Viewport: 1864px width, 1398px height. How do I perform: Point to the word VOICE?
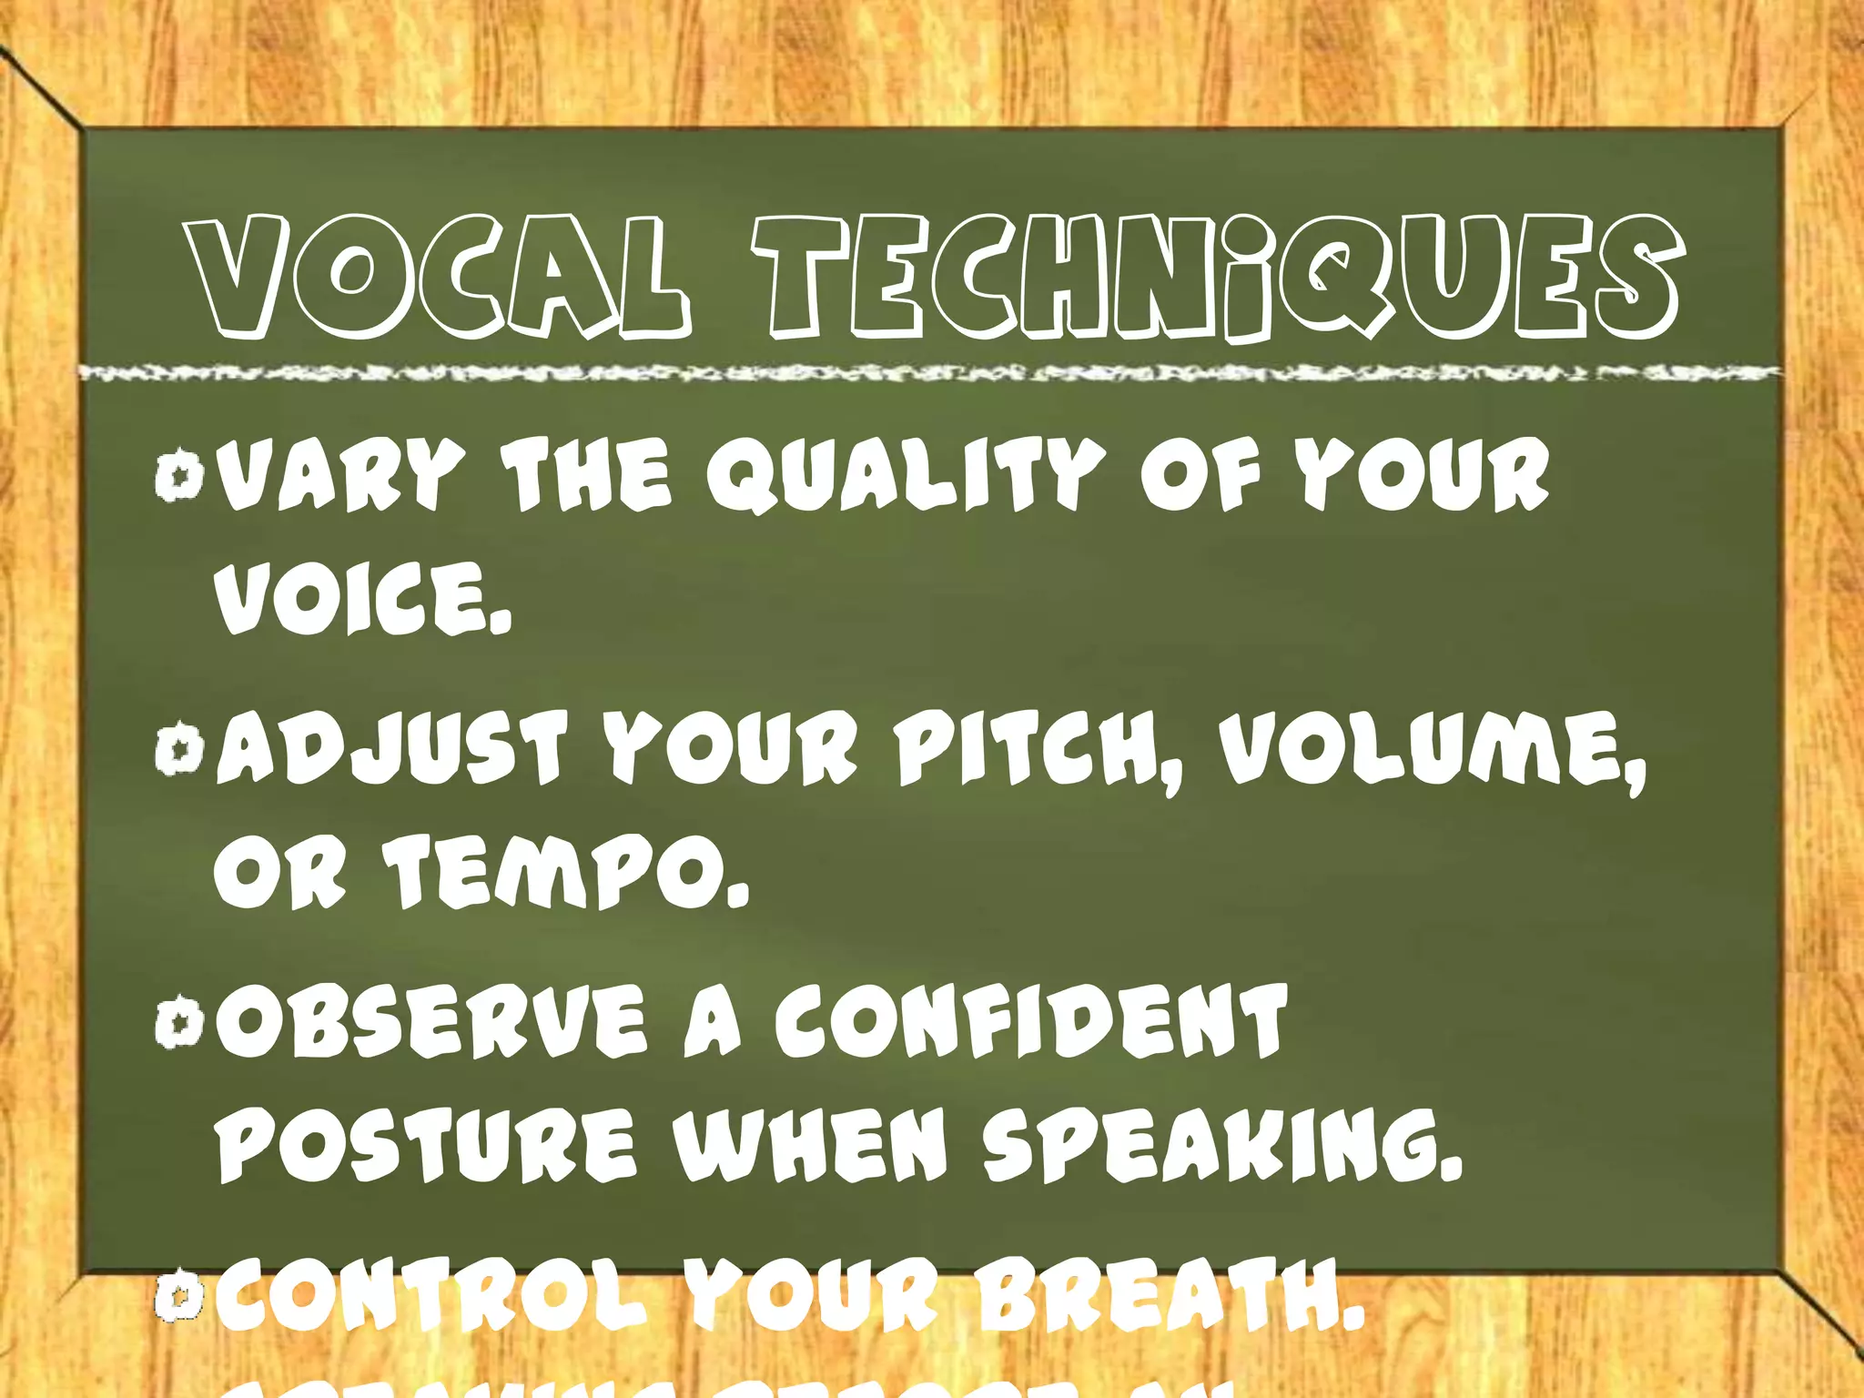point(361,598)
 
